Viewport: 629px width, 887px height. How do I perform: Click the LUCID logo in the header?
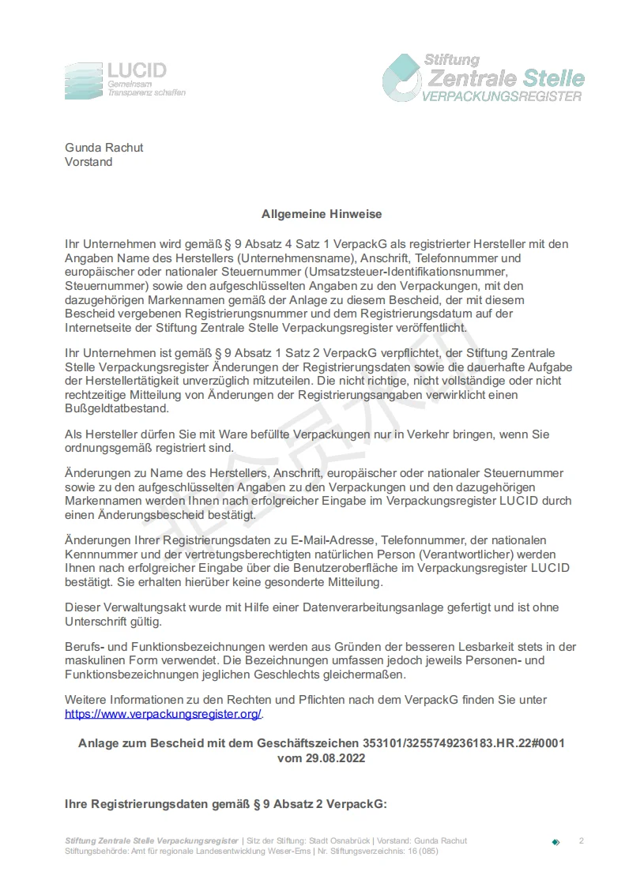(x=125, y=81)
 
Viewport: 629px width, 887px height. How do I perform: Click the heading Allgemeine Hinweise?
(x=322, y=214)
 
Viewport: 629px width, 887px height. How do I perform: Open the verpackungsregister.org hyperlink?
(x=163, y=714)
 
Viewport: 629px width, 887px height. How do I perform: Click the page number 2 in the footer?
(x=581, y=840)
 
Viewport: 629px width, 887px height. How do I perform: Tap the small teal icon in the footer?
(x=556, y=842)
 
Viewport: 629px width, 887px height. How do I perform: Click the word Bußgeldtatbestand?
(x=116, y=409)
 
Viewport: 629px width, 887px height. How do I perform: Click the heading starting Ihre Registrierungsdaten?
(x=225, y=804)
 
